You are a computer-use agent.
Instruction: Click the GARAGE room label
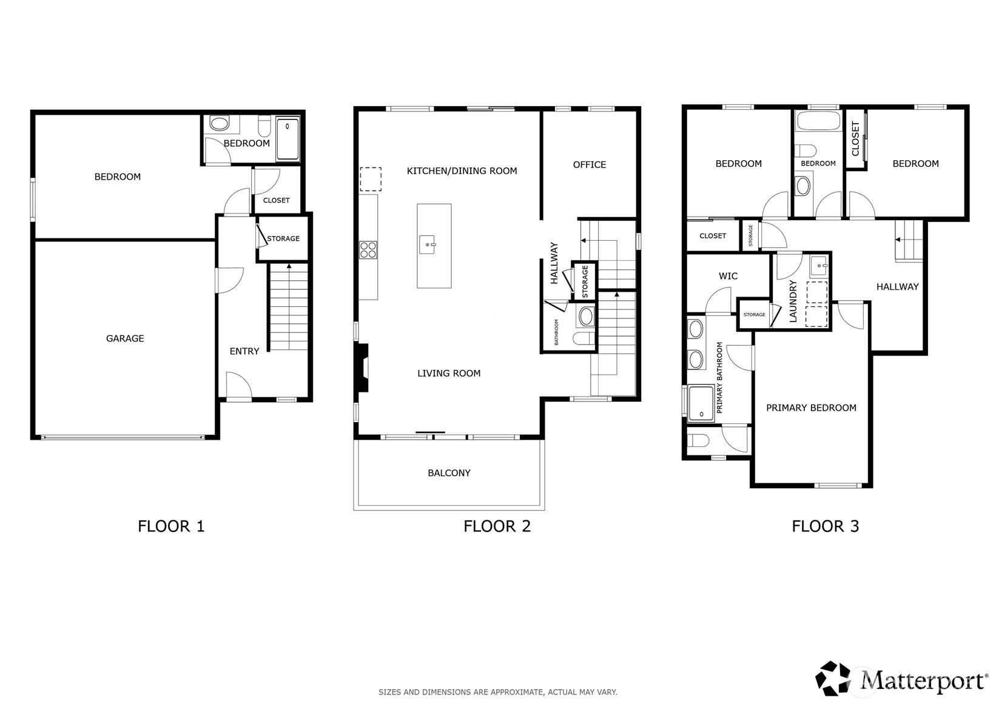click(125, 338)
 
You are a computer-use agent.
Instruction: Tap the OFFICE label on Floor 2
click(589, 164)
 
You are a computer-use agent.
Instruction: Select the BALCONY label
click(449, 472)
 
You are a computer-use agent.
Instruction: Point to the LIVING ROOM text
click(449, 373)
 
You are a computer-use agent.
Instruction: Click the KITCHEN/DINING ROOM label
click(462, 171)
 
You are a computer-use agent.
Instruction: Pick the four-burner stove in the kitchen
click(368, 250)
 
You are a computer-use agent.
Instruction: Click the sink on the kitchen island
click(427, 245)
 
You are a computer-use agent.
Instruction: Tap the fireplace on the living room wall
click(362, 368)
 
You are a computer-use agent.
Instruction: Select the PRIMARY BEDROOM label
click(811, 408)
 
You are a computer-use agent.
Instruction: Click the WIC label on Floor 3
click(728, 276)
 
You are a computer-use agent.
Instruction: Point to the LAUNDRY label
click(793, 301)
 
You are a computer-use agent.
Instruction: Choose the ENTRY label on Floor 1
click(244, 351)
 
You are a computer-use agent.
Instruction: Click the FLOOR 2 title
click(497, 526)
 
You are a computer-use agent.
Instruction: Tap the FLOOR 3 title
click(825, 526)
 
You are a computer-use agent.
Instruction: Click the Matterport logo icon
click(833, 678)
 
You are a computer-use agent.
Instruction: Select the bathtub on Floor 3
click(818, 121)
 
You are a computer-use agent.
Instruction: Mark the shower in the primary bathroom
click(701, 403)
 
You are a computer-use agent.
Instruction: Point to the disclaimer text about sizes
click(498, 692)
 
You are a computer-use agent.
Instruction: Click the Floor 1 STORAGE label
click(283, 238)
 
